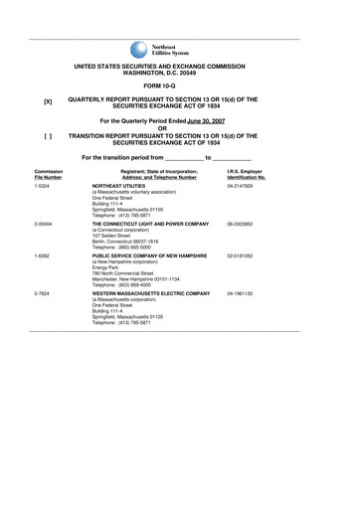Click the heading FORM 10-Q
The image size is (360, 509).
point(180,87)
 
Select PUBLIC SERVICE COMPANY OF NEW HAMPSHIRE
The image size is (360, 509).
point(150,256)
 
